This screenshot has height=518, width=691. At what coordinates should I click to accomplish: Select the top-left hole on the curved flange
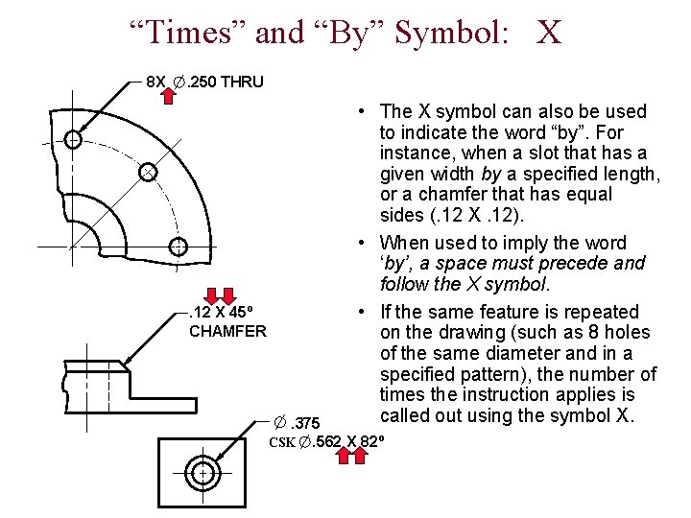coord(73,140)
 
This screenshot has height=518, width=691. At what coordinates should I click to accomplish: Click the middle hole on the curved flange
coord(147,173)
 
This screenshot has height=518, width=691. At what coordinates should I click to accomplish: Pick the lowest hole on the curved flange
coord(177,247)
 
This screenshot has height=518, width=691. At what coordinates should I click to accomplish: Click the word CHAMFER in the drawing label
coord(227,332)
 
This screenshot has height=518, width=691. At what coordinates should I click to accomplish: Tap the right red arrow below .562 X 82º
coord(360,457)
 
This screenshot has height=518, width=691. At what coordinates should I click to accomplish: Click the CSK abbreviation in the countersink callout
coord(282,442)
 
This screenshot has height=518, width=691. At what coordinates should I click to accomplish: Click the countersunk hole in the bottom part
coord(203,473)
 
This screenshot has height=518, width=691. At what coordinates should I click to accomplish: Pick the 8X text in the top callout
coord(155,82)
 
